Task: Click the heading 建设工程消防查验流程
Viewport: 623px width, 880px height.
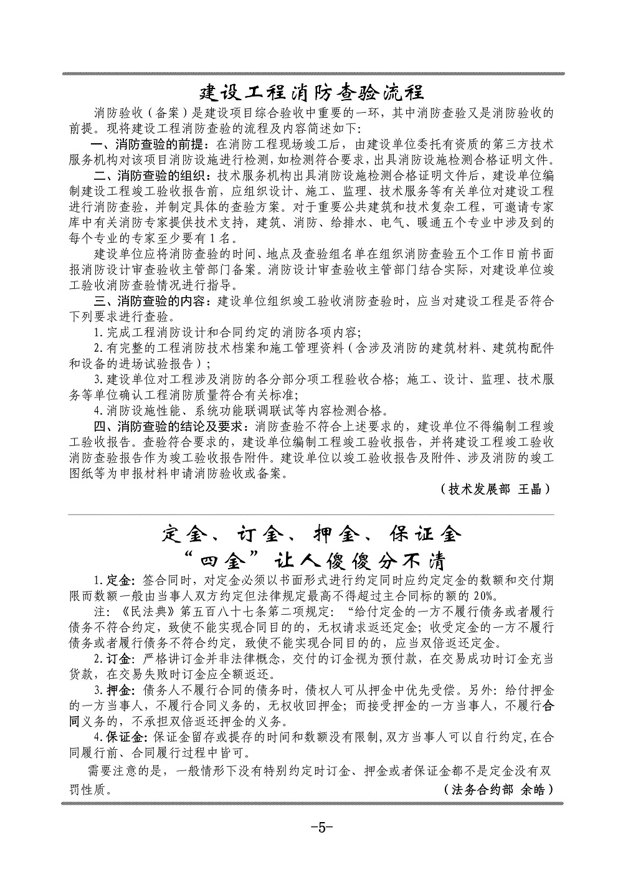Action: (311, 93)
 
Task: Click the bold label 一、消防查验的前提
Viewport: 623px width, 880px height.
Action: (146, 144)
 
